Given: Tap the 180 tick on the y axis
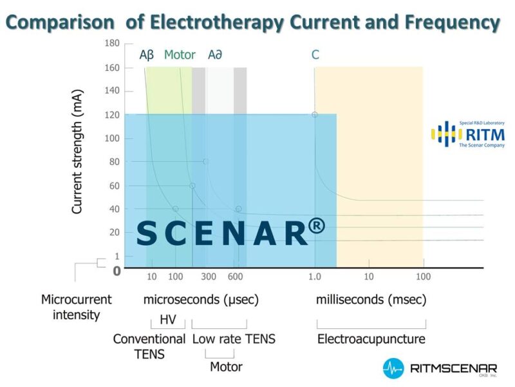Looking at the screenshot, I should pos(111,43).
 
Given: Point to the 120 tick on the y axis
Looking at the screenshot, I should pos(111,115).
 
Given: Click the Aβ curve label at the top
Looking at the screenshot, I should pos(147,55).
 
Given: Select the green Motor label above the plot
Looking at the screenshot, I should pos(180,55).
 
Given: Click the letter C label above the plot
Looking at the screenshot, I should pos(315,55).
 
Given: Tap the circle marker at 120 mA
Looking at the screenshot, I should pos(315,115).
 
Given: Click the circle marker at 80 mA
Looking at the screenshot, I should pos(206,161).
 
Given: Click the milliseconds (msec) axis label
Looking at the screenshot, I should pos(371,300).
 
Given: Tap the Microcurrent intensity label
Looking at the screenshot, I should pos(76,308).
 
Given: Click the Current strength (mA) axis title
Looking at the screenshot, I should pos(78,161).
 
